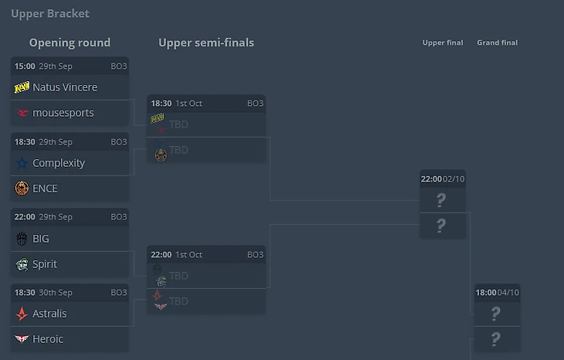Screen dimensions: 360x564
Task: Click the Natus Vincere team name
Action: (65, 87)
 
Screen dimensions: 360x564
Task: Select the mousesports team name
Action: (63, 113)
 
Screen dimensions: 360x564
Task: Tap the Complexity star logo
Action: (22, 163)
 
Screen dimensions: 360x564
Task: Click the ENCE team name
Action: (45, 188)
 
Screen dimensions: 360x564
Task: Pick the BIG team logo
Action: (22, 239)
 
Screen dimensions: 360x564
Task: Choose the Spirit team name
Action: (45, 264)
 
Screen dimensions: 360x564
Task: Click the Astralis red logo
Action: (22, 314)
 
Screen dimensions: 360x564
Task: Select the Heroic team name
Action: (48, 339)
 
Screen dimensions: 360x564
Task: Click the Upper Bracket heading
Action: (50, 13)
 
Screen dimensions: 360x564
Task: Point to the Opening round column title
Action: (70, 42)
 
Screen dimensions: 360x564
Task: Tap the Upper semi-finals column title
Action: (206, 42)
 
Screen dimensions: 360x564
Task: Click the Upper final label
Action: (443, 42)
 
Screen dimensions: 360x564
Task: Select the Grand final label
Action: (498, 42)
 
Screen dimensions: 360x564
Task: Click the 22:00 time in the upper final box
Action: (431, 178)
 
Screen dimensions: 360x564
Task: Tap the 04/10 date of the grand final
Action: (508, 292)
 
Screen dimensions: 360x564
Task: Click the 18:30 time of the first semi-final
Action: (161, 103)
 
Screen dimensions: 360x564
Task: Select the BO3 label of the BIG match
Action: (118, 217)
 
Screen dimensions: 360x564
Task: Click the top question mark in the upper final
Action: (441, 200)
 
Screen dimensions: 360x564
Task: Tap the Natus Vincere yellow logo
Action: (22, 87)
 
